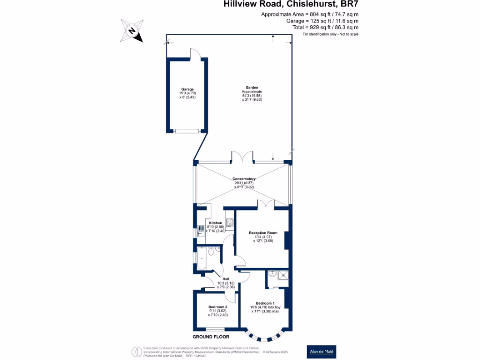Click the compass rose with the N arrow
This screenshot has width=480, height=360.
(132, 31)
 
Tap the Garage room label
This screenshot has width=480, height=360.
(187, 89)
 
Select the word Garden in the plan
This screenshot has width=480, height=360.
(251, 88)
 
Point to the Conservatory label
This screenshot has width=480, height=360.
(244, 179)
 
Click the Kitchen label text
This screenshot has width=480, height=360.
(216, 223)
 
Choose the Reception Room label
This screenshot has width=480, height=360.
(263, 232)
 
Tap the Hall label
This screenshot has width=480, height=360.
(225, 279)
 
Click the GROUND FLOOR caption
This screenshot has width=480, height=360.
(211, 337)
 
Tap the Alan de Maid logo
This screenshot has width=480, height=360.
(322, 352)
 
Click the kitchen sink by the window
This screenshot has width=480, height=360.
(200, 229)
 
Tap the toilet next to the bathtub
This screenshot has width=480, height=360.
(211, 252)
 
